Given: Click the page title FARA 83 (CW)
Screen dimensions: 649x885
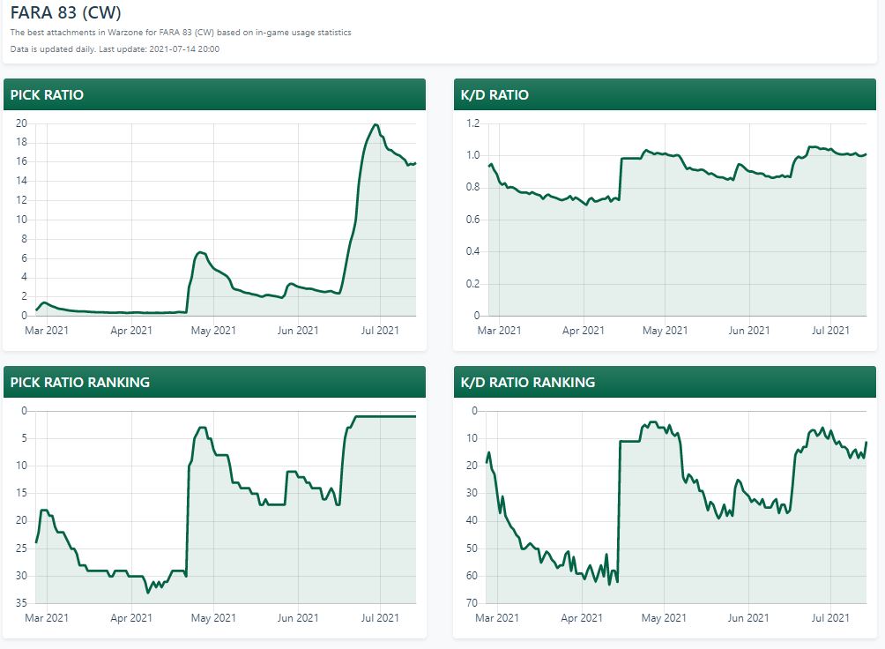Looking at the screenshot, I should point(65,14).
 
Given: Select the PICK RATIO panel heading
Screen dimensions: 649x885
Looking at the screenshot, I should point(47,94).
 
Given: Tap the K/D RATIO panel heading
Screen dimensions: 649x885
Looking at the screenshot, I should point(495,94).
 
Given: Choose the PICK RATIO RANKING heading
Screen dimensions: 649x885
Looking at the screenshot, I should point(79,382).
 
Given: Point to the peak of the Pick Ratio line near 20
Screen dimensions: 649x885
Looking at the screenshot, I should point(376,125).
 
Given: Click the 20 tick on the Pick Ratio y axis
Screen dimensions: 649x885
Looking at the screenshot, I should point(22,123).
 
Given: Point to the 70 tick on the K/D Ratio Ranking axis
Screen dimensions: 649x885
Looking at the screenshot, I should point(472,603).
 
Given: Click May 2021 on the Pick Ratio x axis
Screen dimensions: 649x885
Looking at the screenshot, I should point(213,331).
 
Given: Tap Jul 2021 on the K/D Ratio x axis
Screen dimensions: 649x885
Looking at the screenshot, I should point(830,331).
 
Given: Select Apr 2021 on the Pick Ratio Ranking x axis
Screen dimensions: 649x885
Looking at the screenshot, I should point(130,618).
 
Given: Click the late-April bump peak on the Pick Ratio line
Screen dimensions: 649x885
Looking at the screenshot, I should point(200,252).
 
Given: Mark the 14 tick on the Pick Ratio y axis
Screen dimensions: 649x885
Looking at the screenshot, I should point(22,181).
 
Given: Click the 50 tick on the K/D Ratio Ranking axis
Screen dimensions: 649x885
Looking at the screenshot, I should point(472,548).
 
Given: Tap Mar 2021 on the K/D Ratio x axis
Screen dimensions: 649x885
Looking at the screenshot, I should point(499,331).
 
